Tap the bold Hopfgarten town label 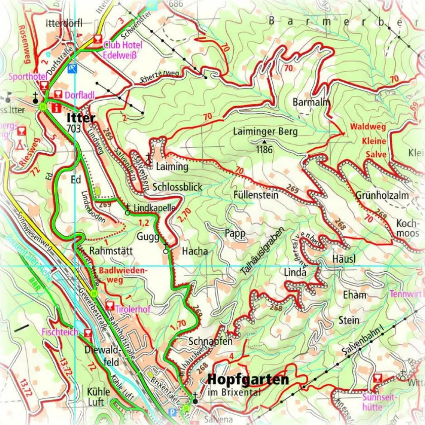(248, 380)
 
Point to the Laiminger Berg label (265, 132)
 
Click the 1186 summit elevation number (264, 150)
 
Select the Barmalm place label (311, 102)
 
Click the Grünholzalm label (382, 195)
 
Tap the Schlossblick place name (177, 187)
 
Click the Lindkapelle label (154, 208)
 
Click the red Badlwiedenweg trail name (124, 275)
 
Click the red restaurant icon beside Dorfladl (58, 95)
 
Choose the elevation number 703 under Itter (74, 128)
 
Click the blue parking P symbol (173, 413)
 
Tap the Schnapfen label (211, 341)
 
